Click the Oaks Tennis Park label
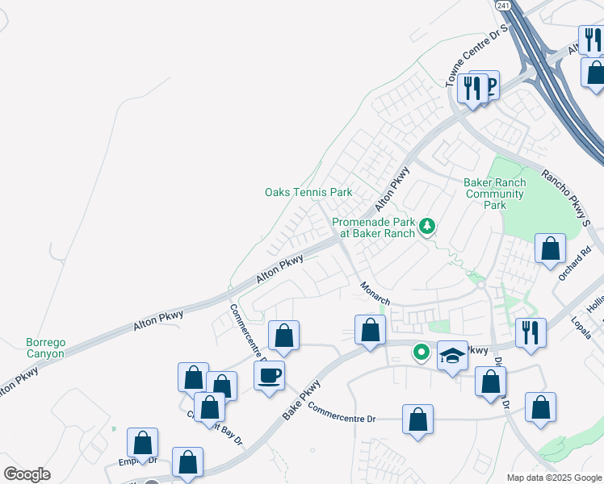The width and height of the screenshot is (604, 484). (308, 193)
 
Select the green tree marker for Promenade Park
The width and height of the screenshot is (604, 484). (426, 227)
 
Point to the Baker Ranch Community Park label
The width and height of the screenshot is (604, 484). (495, 194)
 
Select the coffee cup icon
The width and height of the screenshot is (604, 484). (269, 374)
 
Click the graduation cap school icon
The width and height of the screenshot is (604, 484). (453, 355)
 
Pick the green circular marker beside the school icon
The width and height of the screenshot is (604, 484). (421, 352)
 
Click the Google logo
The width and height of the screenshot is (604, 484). (27, 474)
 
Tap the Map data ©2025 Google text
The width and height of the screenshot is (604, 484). (554, 478)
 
